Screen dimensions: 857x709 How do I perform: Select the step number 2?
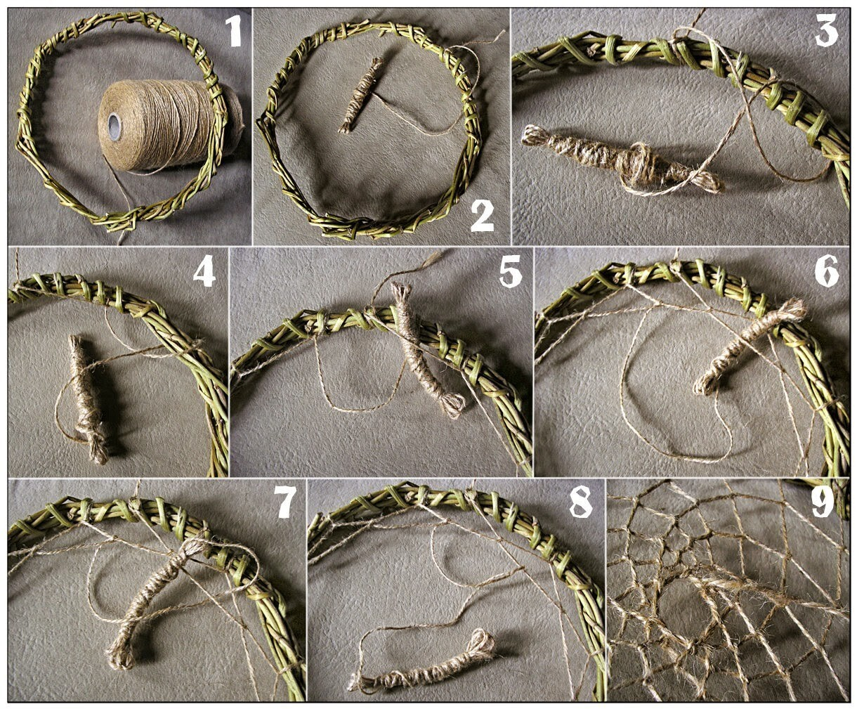pyautogui.click(x=483, y=216)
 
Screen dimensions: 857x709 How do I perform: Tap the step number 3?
pyautogui.click(x=826, y=30)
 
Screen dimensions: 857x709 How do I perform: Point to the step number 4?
pyautogui.click(x=204, y=271)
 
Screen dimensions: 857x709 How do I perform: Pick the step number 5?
pyautogui.click(x=510, y=271)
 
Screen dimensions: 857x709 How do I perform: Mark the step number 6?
pyautogui.click(x=827, y=271)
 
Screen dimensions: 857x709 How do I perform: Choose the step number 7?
pyautogui.click(x=287, y=502)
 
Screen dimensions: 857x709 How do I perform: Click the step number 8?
pyautogui.click(x=581, y=502)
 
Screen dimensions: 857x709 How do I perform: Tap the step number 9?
pyautogui.click(x=823, y=502)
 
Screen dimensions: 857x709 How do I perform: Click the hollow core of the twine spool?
pyautogui.click(x=115, y=122)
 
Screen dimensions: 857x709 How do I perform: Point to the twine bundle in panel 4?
pyautogui.click(x=87, y=398)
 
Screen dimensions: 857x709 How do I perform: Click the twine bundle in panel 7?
pyautogui.click(x=154, y=604)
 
